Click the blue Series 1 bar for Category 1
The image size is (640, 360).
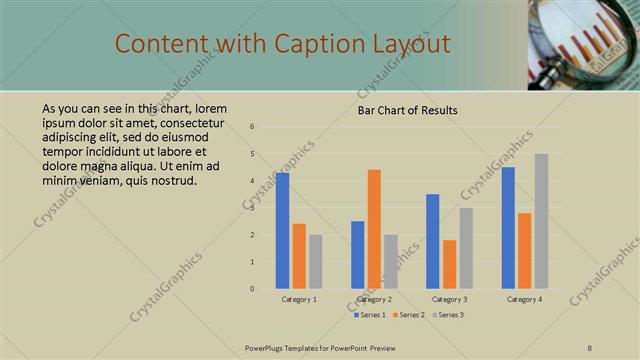283,231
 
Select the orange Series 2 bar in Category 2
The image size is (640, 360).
374,229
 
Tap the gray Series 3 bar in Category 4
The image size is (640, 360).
541,221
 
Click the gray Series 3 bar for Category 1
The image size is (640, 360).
316,262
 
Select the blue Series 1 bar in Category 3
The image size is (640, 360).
432,241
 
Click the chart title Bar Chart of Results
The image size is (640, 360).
408,110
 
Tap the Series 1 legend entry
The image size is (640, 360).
369,315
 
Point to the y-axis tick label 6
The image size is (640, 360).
253,127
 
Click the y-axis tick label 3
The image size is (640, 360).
253,208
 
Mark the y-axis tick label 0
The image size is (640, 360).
253,289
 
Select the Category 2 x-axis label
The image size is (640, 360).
374,299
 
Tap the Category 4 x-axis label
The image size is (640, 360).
524,299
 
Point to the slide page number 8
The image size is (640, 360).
589,347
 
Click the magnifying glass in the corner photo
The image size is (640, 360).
570,40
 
